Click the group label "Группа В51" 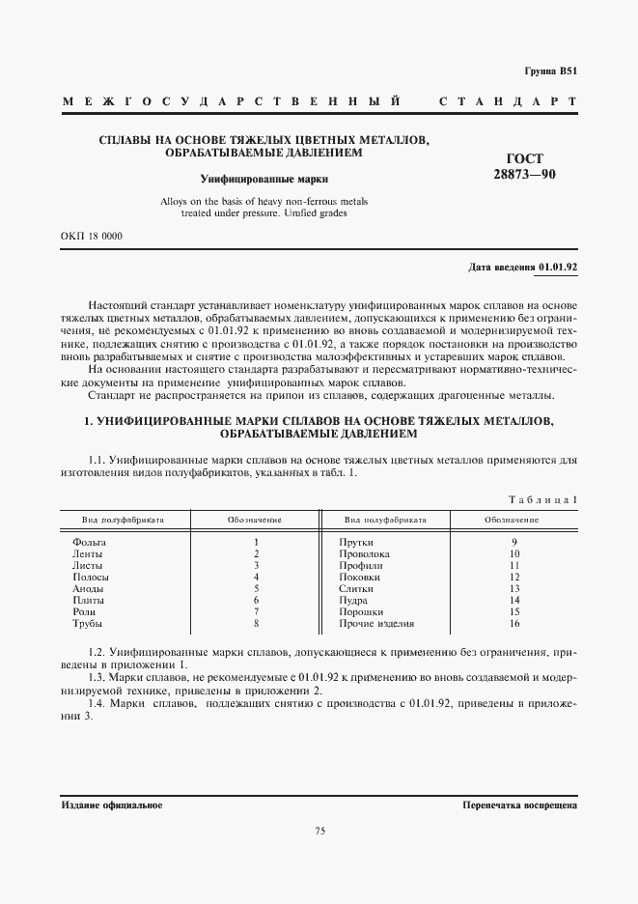click(550, 71)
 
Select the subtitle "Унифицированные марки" click(264, 178)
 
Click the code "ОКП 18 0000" click(91, 236)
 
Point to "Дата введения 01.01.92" click(522, 265)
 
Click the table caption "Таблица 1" click(542, 498)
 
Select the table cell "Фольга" click(89, 543)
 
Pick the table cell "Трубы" click(87, 623)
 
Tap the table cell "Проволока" click(365, 554)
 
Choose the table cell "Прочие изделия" click(376, 623)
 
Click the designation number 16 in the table click(515, 623)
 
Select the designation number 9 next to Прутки click(515, 543)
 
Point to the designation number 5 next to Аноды click(257, 588)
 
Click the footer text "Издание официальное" click(111, 805)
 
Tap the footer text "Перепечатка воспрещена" click(519, 805)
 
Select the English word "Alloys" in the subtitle click(176, 201)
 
